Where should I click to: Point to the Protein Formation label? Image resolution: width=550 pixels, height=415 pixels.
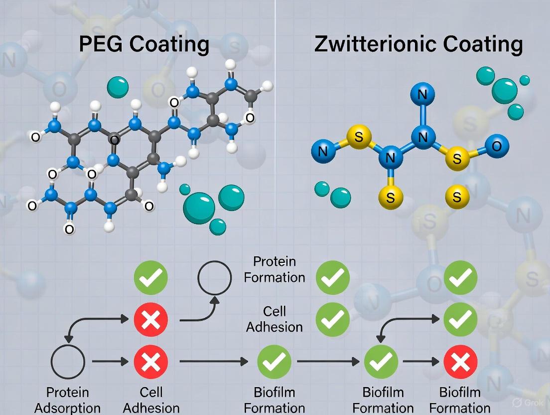275,269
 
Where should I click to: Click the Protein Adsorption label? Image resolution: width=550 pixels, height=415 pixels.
67,400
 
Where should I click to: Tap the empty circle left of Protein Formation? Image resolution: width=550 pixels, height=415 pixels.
215,277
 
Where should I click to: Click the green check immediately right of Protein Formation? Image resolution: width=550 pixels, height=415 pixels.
332,277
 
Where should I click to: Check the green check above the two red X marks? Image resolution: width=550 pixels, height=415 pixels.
151,277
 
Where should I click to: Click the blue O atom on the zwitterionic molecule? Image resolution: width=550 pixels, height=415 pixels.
496,146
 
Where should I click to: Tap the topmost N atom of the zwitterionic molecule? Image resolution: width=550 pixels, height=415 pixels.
422,94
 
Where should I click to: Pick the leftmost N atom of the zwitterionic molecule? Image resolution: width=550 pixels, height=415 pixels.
323,151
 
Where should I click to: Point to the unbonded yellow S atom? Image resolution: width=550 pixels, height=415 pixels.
457,197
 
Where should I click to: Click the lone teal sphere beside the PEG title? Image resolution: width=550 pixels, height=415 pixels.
118,87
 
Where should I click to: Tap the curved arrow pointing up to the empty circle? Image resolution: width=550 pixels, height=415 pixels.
199,310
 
